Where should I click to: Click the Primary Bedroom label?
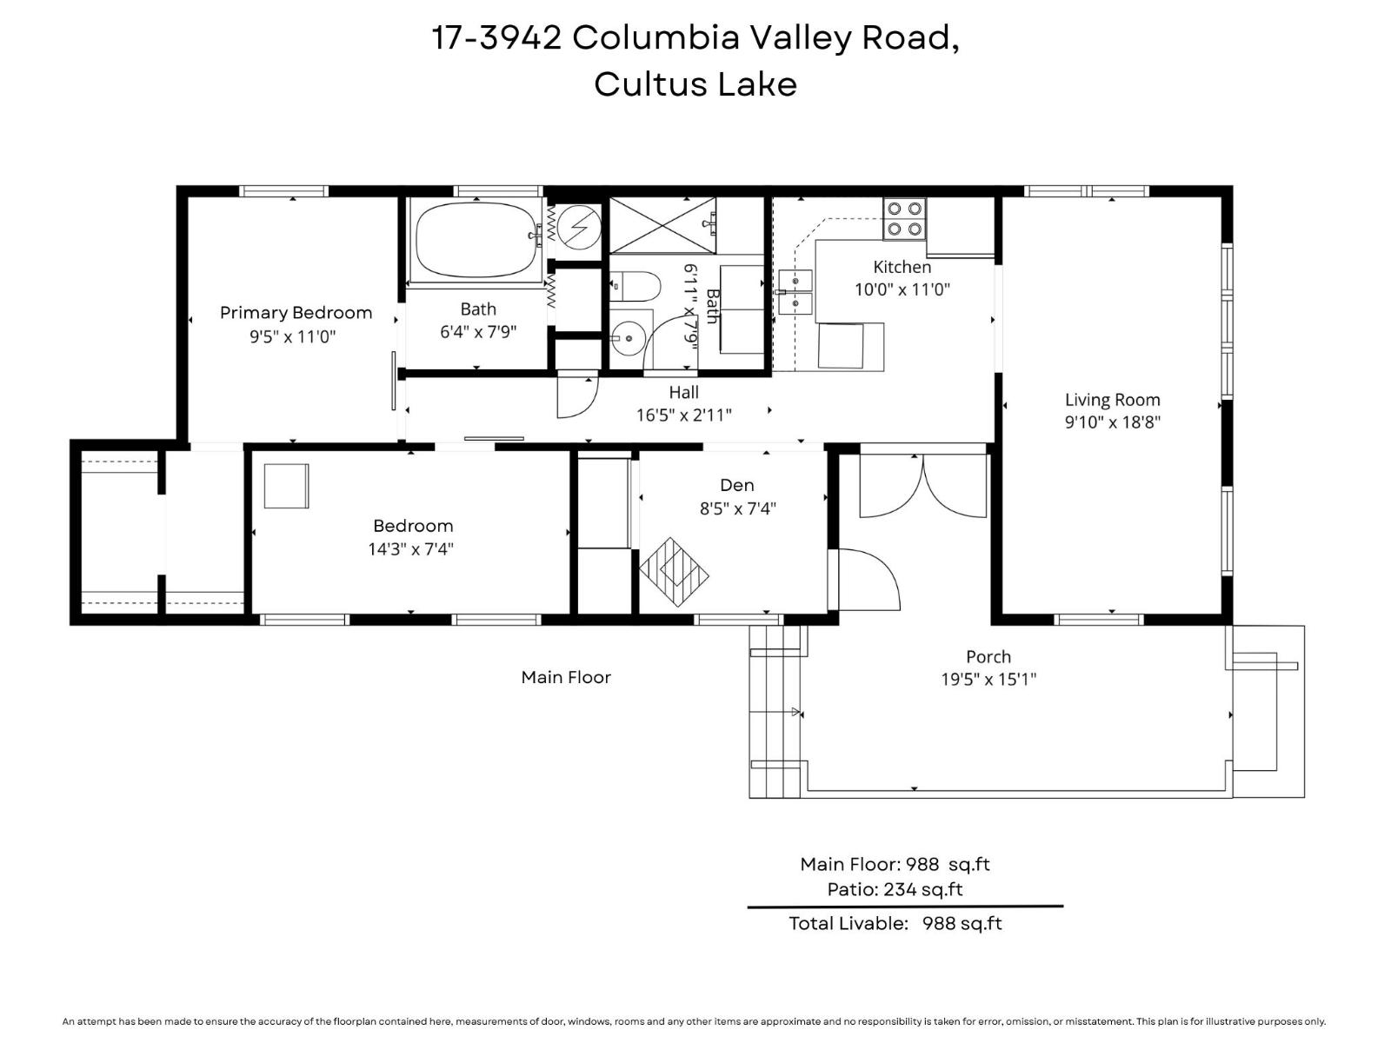pos(296,313)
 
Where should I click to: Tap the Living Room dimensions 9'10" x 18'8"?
pos(1112,422)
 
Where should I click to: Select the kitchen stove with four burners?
pos(904,218)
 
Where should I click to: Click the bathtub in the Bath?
pos(475,239)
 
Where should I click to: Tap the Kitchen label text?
pos(902,267)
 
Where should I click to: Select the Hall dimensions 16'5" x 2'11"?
pos(683,415)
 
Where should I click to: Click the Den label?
pos(736,485)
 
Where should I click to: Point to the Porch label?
pos(988,657)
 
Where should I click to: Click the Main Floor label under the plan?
pos(566,677)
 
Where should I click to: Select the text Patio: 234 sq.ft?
pos(895,889)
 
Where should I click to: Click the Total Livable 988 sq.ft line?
pos(895,923)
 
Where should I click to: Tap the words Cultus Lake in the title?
pos(695,84)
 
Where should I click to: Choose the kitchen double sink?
pos(795,291)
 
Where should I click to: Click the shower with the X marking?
pos(662,225)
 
